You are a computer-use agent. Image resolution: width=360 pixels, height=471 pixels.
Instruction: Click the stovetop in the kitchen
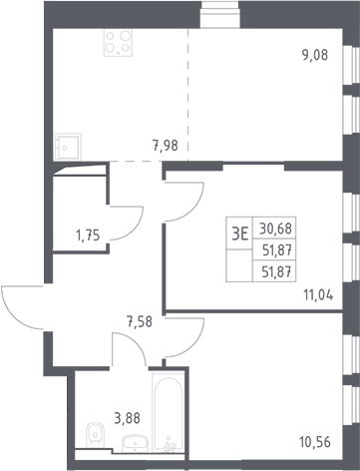tap(118, 43)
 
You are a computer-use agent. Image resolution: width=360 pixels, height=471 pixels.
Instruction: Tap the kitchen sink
tap(68, 147)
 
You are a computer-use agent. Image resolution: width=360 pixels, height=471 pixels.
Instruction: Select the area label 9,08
tap(315, 55)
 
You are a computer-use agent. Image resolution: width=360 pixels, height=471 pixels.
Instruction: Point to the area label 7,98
tap(166, 146)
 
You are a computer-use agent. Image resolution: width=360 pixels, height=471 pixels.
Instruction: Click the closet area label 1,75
tap(88, 235)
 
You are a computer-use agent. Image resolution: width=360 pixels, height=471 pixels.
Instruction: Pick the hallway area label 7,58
tap(140, 321)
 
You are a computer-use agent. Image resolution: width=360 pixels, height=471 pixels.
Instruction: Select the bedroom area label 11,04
tap(318, 294)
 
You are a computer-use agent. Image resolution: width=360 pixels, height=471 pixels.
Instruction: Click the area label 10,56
tap(315, 442)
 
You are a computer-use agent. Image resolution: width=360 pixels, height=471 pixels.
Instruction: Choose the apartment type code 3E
tap(240, 235)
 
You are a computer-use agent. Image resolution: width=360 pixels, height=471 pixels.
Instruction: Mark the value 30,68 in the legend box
tap(275, 229)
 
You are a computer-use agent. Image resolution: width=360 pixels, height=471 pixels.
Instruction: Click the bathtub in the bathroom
tap(168, 413)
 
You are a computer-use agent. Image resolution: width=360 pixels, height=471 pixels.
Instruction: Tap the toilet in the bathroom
tap(96, 435)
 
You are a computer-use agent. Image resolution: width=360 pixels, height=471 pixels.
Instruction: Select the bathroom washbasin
tap(135, 444)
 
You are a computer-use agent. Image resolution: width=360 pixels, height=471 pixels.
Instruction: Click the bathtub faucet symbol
tap(170, 445)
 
